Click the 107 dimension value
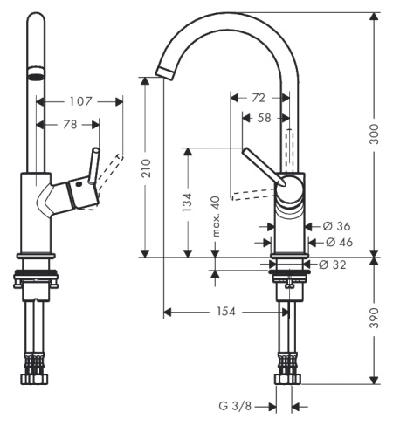(80, 101)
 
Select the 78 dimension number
(70, 125)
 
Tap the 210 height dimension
(146, 168)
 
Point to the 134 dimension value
(187, 202)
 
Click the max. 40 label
(216, 216)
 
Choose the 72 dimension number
(259, 98)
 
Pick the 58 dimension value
(265, 118)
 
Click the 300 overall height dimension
(374, 134)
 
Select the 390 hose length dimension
(374, 319)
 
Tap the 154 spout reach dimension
(226, 312)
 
